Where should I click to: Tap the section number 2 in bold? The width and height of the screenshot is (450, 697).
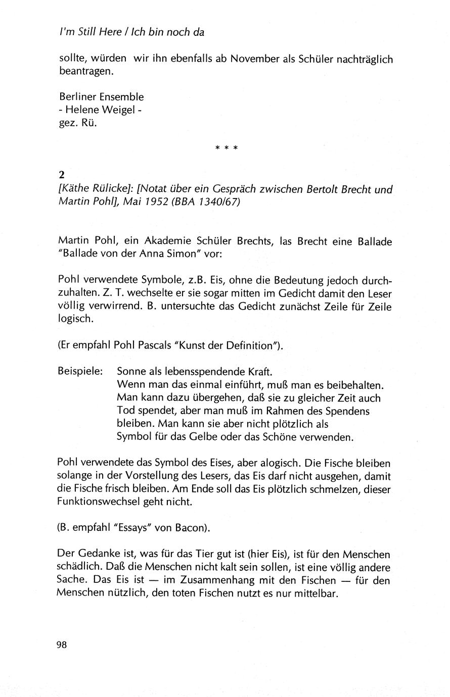[x=62, y=175]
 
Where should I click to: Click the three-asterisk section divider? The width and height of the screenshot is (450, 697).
[x=226, y=148]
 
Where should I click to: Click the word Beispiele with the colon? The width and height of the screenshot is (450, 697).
[x=81, y=371]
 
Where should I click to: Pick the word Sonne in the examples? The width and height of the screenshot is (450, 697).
[x=130, y=371]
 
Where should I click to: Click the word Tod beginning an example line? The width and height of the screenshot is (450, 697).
[x=125, y=411]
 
